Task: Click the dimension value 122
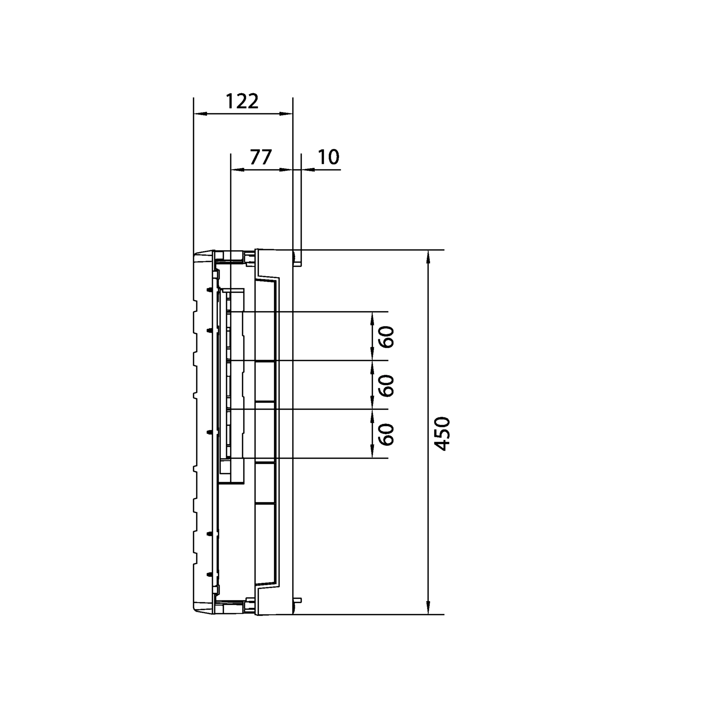click(242, 101)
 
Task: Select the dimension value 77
click(261, 157)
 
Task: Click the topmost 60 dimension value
click(387, 337)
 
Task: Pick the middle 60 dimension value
click(387, 386)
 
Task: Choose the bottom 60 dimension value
click(387, 434)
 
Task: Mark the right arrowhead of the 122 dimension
click(286, 114)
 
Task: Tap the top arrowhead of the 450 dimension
click(429, 257)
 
